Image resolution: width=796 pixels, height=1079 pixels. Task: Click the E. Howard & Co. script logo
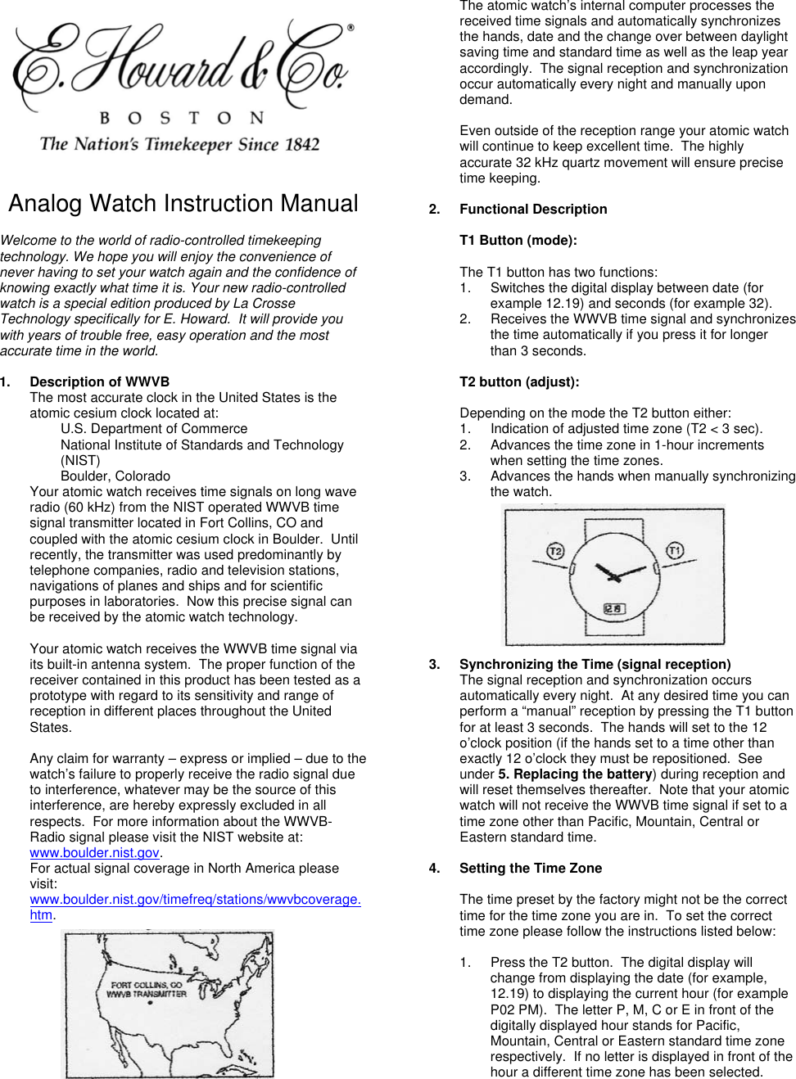point(180,61)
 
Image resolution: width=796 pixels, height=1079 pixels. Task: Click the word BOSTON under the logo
point(181,118)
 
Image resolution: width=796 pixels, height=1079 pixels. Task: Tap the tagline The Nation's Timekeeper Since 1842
point(179,145)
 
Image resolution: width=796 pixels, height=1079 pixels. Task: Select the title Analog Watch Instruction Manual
point(183,203)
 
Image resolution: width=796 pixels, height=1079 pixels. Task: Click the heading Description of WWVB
point(99,381)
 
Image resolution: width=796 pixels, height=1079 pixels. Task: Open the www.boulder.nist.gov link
point(94,852)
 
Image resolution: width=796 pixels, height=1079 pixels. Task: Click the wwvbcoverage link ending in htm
point(195,900)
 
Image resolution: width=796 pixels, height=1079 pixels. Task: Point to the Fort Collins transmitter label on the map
point(147,990)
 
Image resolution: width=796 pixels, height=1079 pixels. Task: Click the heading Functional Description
point(533,210)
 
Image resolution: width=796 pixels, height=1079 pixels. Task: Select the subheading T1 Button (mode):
point(518,241)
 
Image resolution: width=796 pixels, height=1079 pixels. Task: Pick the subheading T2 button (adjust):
point(519,381)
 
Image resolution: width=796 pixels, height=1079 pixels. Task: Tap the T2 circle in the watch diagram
point(555,551)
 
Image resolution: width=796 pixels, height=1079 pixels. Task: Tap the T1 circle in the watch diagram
point(675,550)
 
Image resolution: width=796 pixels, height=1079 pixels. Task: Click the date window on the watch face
point(613,609)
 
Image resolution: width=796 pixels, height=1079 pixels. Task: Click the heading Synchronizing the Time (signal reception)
point(595,664)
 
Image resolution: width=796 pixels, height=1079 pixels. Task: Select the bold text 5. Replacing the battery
point(575,774)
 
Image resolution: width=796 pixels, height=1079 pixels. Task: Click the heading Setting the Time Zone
point(530,868)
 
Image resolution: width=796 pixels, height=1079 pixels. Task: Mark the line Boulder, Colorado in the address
point(115,476)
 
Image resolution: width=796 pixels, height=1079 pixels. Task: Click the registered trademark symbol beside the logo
point(351,29)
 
